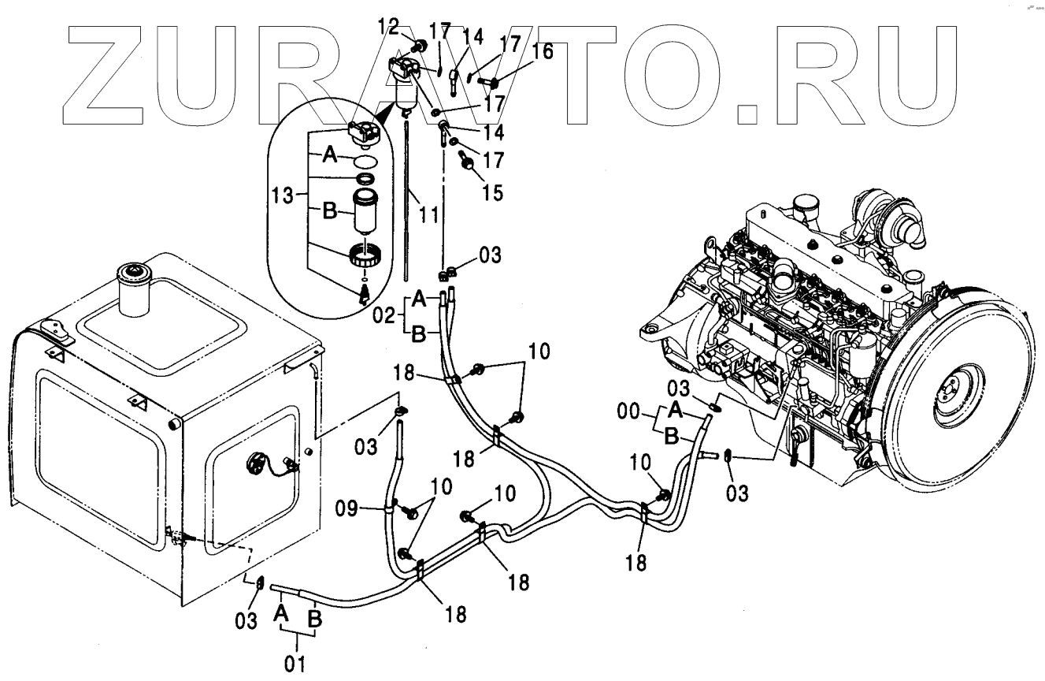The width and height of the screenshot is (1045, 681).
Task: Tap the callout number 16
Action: (x=543, y=53)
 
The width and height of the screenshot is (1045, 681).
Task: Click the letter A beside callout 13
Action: (x=332, y=158)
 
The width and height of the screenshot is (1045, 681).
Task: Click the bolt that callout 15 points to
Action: (x=466, y=165)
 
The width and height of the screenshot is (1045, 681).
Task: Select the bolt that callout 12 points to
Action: (x=417, y=46)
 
